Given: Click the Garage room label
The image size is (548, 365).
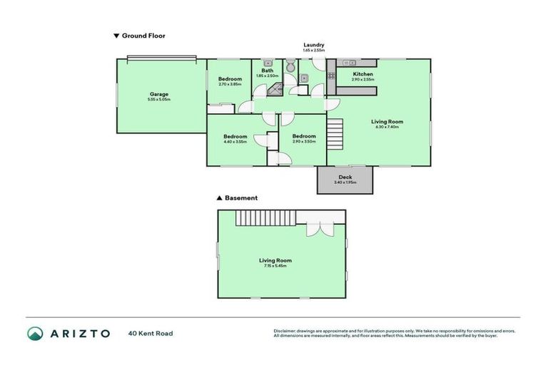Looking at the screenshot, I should click(x=159, y=93).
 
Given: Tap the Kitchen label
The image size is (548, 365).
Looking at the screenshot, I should click(x=362, y=74).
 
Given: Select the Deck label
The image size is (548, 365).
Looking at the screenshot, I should click(x=345, y=177).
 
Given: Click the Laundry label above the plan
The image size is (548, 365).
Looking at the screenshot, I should click(x=313, y=44).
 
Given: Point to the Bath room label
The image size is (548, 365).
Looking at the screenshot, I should click(x=267, y=71).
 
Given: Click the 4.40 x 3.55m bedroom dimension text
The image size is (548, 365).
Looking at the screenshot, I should click(x=235, y=142).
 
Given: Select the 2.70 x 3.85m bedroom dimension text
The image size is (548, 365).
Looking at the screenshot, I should click(x=230, y=85).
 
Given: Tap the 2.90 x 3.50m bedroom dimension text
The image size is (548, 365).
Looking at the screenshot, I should click(x=303, y=142).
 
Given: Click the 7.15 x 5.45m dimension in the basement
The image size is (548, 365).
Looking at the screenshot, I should click(x=275, y=266).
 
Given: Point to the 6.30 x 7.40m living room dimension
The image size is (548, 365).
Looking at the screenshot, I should click(x=385, y=127).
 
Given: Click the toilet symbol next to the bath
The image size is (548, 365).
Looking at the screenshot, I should click(x=290, y=66).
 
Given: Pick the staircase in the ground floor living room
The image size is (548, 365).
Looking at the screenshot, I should click(x=335, y=133).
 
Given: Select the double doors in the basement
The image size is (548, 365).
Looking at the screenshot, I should click(x=318, y=227).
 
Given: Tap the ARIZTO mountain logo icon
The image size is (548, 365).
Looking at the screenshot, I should click(x=35, y=333).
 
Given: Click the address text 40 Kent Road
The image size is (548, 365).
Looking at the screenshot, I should click(x=150, y=333).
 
